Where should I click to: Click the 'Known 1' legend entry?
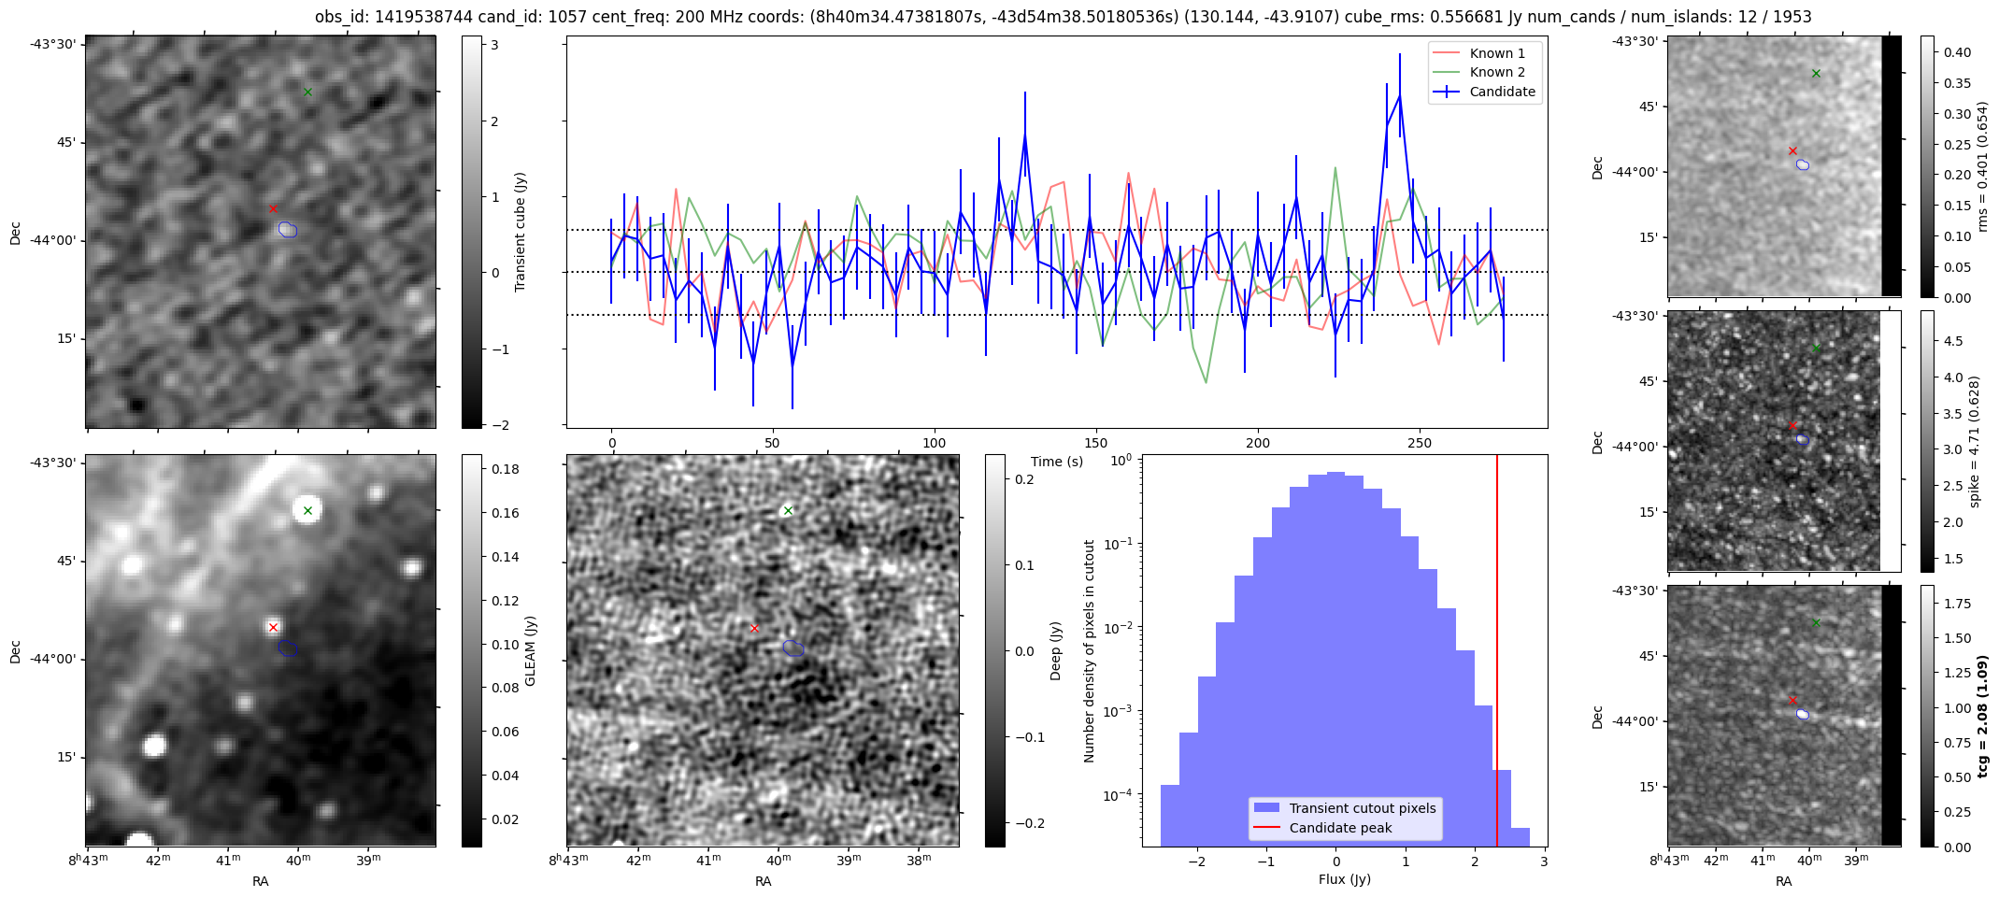click(1496, 53)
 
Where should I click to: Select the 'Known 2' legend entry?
click(1496, 72)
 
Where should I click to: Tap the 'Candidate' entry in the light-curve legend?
click(1502, 92)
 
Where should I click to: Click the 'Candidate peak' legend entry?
click(1340, 828)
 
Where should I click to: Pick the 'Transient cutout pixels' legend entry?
click(1362, 808)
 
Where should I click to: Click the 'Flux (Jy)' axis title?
click(1344, 879)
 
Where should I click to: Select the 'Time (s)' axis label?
click(1057, 462)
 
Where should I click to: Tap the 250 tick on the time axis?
click(1419, 443)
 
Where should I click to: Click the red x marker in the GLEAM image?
click(273, 627)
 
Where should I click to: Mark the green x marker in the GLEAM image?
click(307, 510)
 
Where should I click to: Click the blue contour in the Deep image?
click(793, 648)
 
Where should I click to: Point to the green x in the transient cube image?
click(307, 92)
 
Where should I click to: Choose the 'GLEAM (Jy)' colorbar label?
click(530, 650)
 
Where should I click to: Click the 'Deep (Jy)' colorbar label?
click(1055, 650)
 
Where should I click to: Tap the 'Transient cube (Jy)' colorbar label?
click(521, 232)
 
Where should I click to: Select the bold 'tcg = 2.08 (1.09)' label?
click(1983, 716)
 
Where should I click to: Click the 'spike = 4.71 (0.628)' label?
click(1974, 441)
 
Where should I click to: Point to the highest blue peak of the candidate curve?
click(1399, 96)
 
